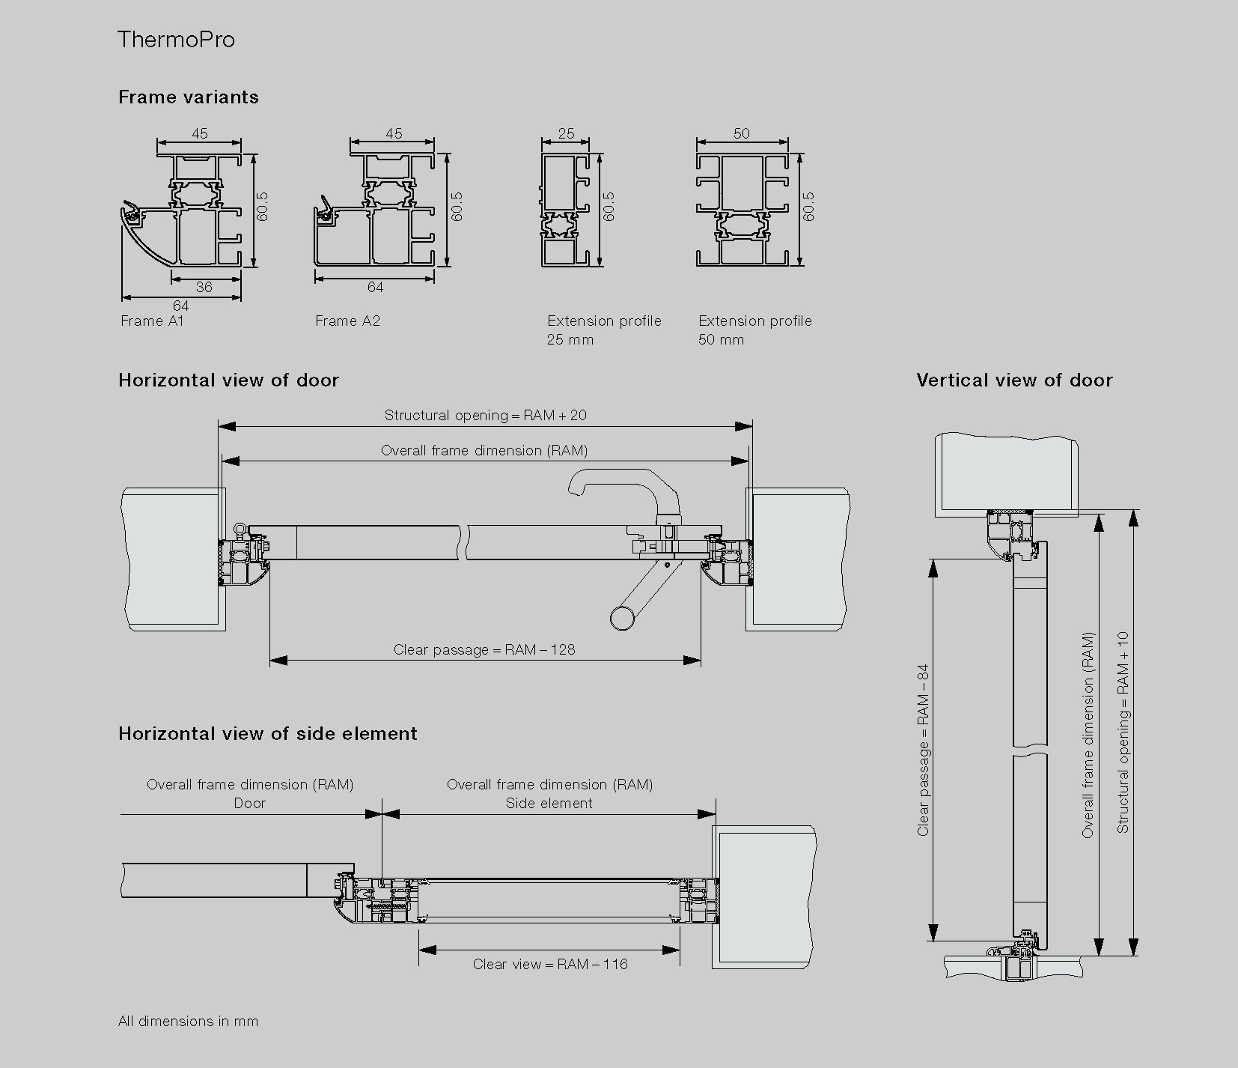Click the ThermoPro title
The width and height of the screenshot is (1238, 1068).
coord(176,40)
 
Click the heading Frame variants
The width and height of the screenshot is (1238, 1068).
coord(189,97)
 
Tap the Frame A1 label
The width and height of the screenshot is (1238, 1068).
coord(152,321)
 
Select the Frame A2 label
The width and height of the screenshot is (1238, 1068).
coord(347,321)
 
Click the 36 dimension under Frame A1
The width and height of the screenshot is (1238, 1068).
coord(204,288)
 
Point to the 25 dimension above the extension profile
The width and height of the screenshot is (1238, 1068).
coord(566,134)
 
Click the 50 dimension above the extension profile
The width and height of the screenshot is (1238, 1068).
coord(741,134)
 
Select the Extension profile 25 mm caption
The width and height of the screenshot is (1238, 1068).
coord(603,330)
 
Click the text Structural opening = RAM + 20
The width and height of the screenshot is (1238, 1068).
coord(485,416)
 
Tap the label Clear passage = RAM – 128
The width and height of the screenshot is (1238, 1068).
coord(484,650)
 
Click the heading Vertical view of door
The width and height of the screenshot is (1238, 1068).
coord(1014,380)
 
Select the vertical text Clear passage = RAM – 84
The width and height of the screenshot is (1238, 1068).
coord(924,749)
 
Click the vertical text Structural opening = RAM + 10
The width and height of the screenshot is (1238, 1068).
coord(1123,732)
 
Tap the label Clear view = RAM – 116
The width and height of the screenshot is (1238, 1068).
coord(550,965)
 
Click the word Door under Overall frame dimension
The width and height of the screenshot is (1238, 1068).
coord(249,804)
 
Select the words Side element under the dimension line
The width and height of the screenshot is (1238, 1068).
coord(549,804)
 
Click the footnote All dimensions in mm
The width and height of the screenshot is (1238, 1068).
coord(188,1022)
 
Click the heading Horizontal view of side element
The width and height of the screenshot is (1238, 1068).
coord(268,734)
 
